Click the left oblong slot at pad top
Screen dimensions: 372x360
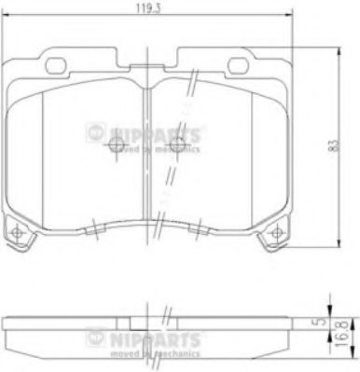click(57, 66)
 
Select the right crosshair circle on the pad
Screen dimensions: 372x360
click(174, 155)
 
